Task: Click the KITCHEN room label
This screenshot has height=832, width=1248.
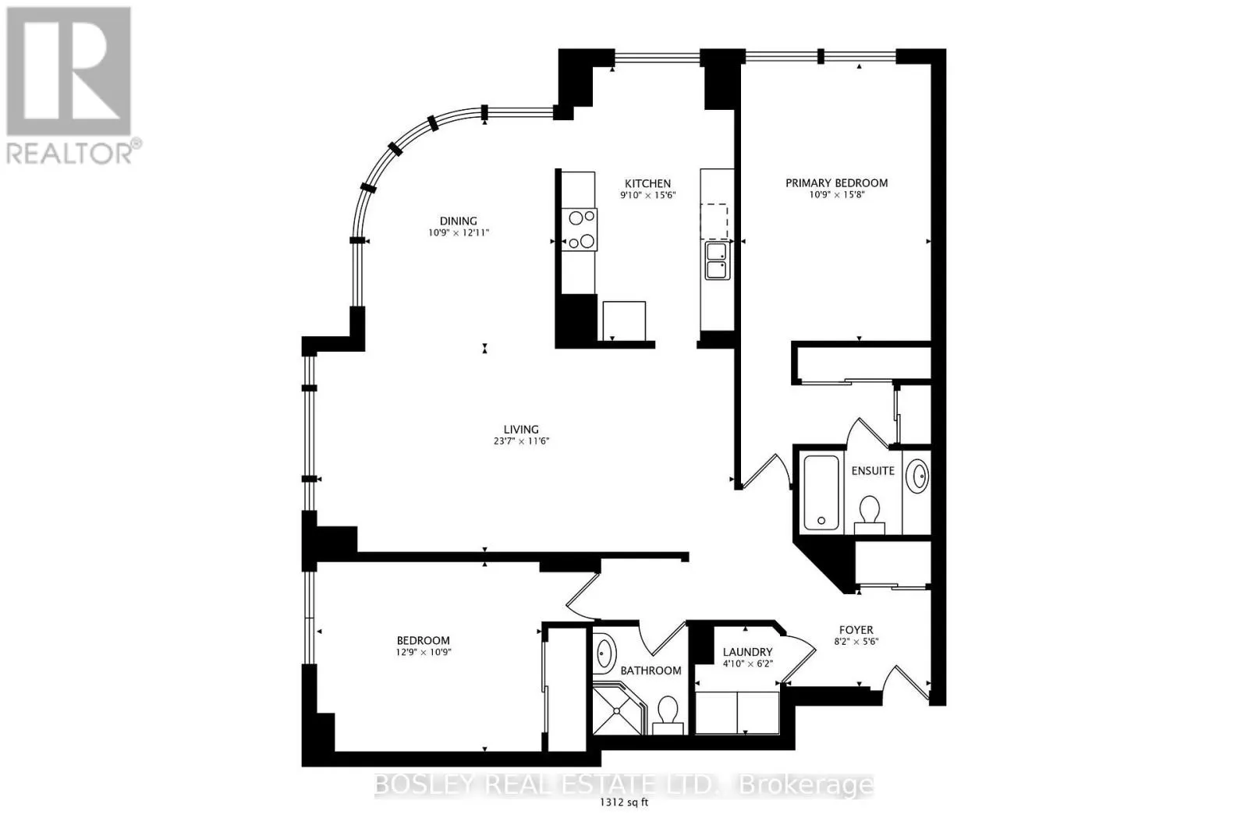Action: click(647, 183)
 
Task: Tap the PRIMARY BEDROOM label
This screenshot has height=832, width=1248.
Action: click(836, 182)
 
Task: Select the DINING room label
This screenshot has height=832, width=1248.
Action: click(458, 221)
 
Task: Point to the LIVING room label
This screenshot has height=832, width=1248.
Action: click(521, 430)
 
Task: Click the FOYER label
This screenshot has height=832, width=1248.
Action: click(856, 630)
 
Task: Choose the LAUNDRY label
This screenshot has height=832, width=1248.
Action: click(748, 652)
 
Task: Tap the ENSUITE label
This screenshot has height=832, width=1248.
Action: click(873, 470)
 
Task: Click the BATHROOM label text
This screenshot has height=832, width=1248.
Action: click(651, 671)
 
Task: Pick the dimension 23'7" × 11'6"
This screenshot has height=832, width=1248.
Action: click(518, 441)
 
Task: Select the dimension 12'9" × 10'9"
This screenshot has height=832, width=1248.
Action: click(424, 652)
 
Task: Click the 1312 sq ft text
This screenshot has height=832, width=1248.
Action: click(624, 802)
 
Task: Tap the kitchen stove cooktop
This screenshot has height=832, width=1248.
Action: click(580, 229)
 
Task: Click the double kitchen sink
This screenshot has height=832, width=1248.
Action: click(717, 260)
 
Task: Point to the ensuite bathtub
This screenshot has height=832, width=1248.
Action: click(821, 492)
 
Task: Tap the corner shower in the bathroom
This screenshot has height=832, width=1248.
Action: click(619, 711)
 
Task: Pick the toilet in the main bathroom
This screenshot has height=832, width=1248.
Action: click(668, 716)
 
